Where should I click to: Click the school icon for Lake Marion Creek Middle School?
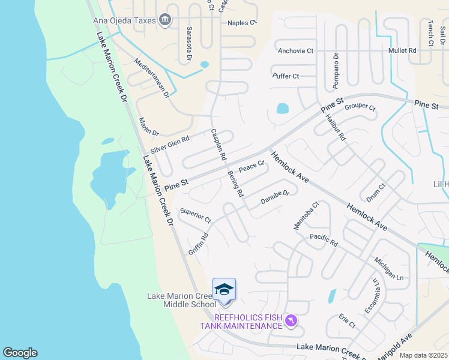click(x=224, y=290)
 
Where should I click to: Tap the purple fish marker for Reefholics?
click(x=292, y=322)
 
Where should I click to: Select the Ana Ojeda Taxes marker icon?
click(x=166, y=20)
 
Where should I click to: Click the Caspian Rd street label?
click(x=218, y=145)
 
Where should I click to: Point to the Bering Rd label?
click(x=235, y=183)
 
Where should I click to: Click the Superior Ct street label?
click(x=196, y=216)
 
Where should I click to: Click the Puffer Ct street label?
click(x=286, y=76)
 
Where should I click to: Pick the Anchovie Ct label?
click(x=295, y=51)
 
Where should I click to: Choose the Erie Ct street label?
click(x=347, y=320)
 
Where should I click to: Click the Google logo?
click(x=20, y=353)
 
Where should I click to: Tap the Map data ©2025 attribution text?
click(x=423, y=355)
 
